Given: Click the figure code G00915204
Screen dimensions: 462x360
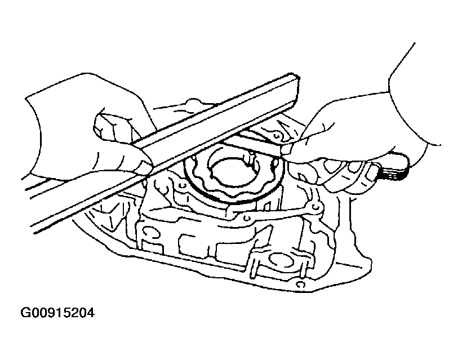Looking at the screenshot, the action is pos(57,313).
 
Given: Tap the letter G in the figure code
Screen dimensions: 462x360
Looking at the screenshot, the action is pos(25,313).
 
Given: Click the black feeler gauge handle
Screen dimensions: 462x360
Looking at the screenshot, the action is pos(393,168).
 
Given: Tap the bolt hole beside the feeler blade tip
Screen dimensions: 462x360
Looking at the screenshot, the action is pos(276,136).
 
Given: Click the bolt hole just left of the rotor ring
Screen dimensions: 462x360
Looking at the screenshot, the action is pos(182,185).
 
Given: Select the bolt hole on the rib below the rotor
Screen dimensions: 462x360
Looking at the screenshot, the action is pos(247,218).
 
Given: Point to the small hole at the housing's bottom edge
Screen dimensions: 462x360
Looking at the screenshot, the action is pos(299,285).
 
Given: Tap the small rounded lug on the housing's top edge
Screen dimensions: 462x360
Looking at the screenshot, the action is pos(193,101).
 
